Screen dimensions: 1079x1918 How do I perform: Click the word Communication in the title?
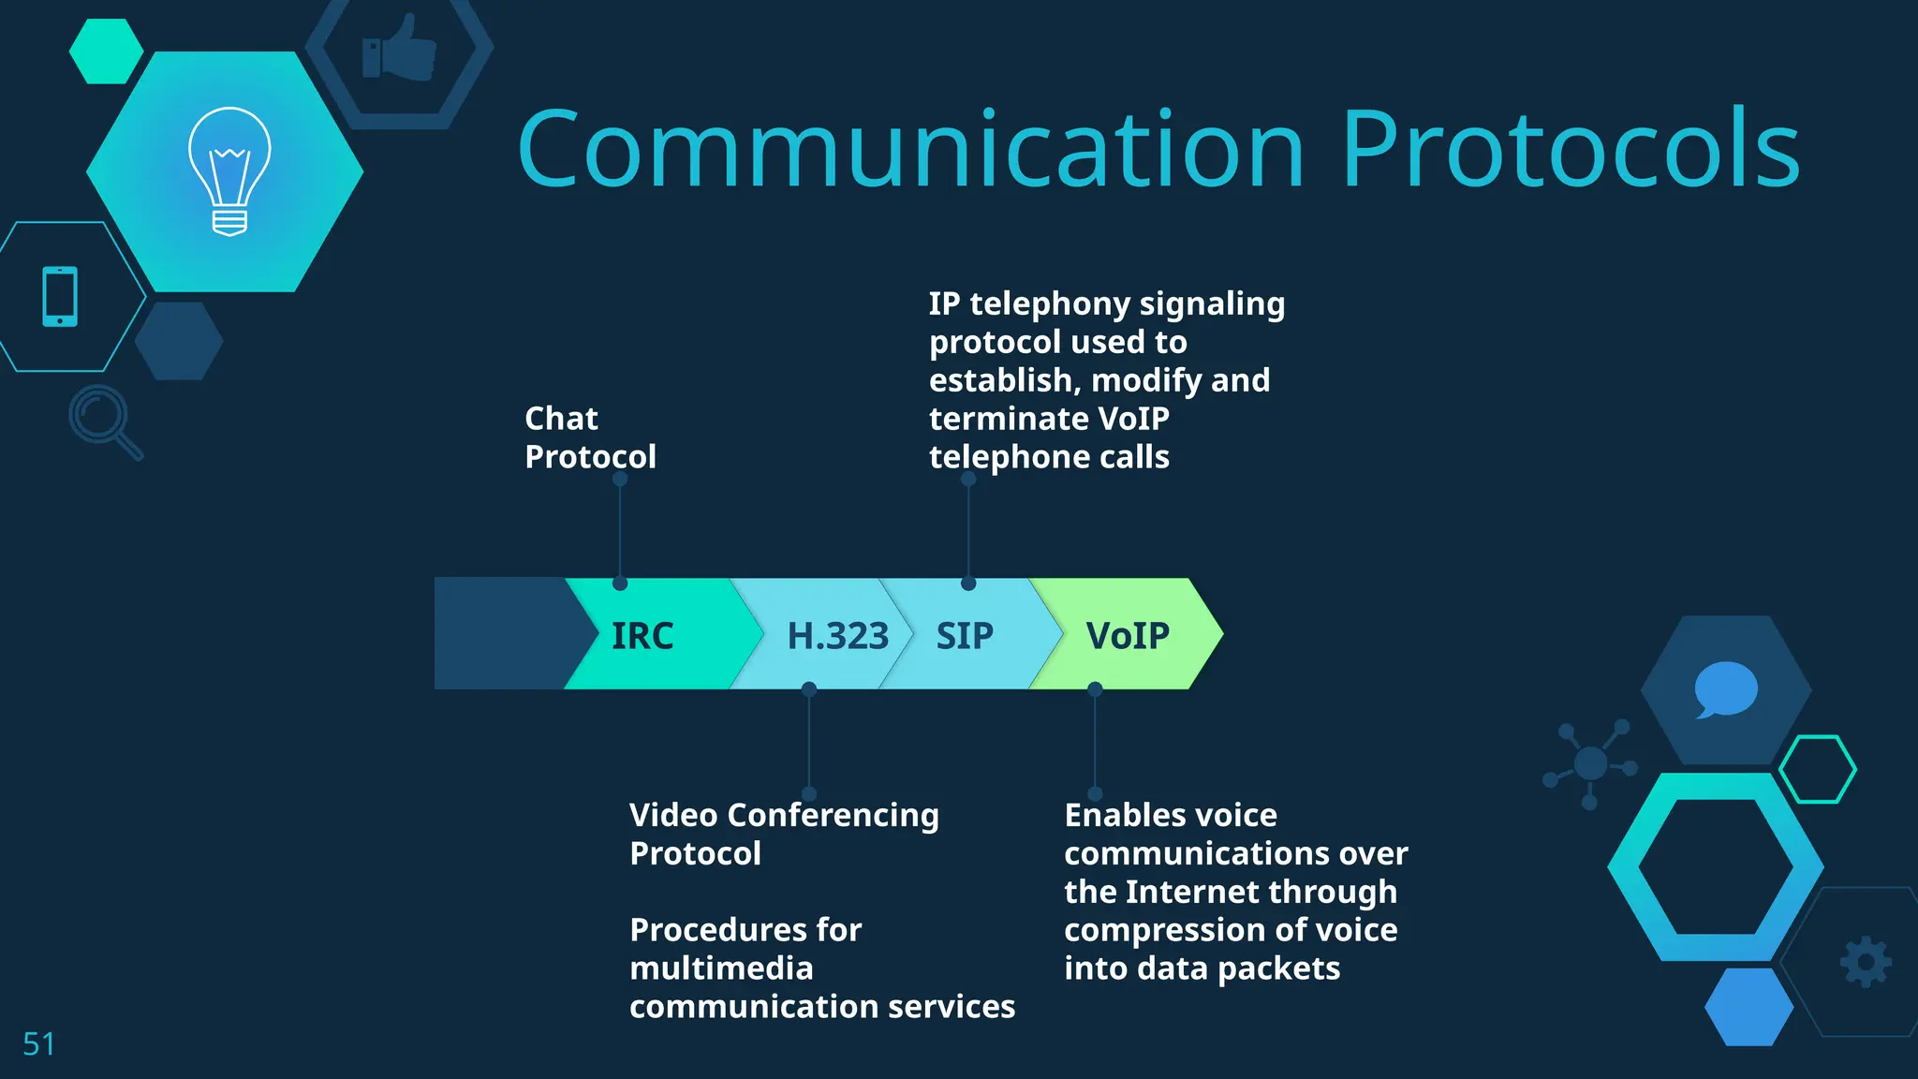point(910,150)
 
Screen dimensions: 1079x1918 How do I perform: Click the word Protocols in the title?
point(1570,150)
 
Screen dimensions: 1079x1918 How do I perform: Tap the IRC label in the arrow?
point(642,636)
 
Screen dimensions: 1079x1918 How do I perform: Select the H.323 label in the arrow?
point(837,636)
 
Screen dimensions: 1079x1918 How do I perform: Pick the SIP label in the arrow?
point(965,636)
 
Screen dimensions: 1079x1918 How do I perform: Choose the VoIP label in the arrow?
point(1128,636)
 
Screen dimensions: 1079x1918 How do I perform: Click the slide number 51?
point(38,1043)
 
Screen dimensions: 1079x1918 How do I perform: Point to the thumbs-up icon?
point(400,49)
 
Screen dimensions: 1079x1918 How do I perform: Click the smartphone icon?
point(60,297)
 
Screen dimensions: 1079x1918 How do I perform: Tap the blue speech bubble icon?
point(1725,689)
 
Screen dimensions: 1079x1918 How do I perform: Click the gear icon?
point(1866,962)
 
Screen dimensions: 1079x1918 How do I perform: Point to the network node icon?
point(1590,763)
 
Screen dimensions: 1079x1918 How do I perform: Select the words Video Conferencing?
point(783,815)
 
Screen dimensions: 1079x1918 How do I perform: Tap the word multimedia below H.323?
point(721,968)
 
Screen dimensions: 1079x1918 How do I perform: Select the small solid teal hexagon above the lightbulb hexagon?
point(106,52)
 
